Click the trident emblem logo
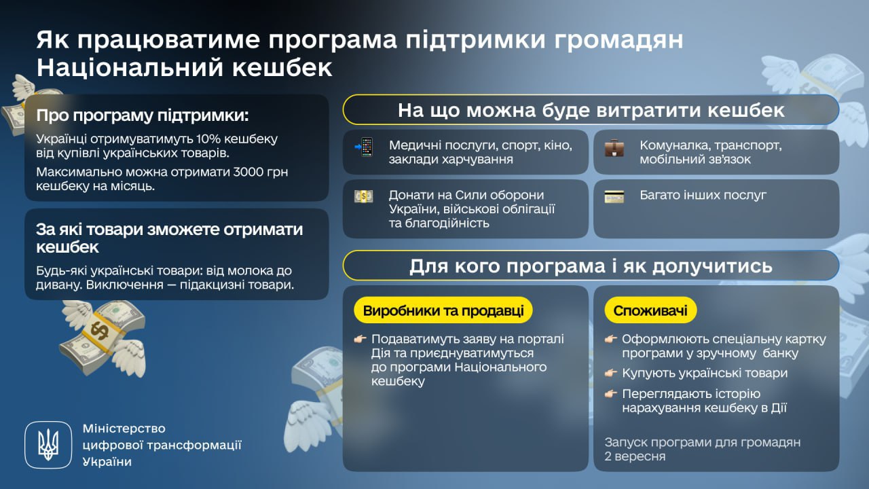[x=48, y=445]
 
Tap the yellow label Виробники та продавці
[x=443, y=311]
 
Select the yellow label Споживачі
[x=650, y=311]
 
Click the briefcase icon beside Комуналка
[x=614, y=147]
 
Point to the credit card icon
[x=614, y=197]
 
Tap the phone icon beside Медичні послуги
[x=365, y=147]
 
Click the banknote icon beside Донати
[x=364, y=196]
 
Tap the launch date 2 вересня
[x=635, y=456]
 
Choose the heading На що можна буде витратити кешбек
[x=591, y=110]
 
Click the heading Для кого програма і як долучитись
[x=591, y=266]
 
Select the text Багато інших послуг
[x=703, y=195]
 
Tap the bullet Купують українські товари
[x=705, y=373]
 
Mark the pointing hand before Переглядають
[x=612, y=394]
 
